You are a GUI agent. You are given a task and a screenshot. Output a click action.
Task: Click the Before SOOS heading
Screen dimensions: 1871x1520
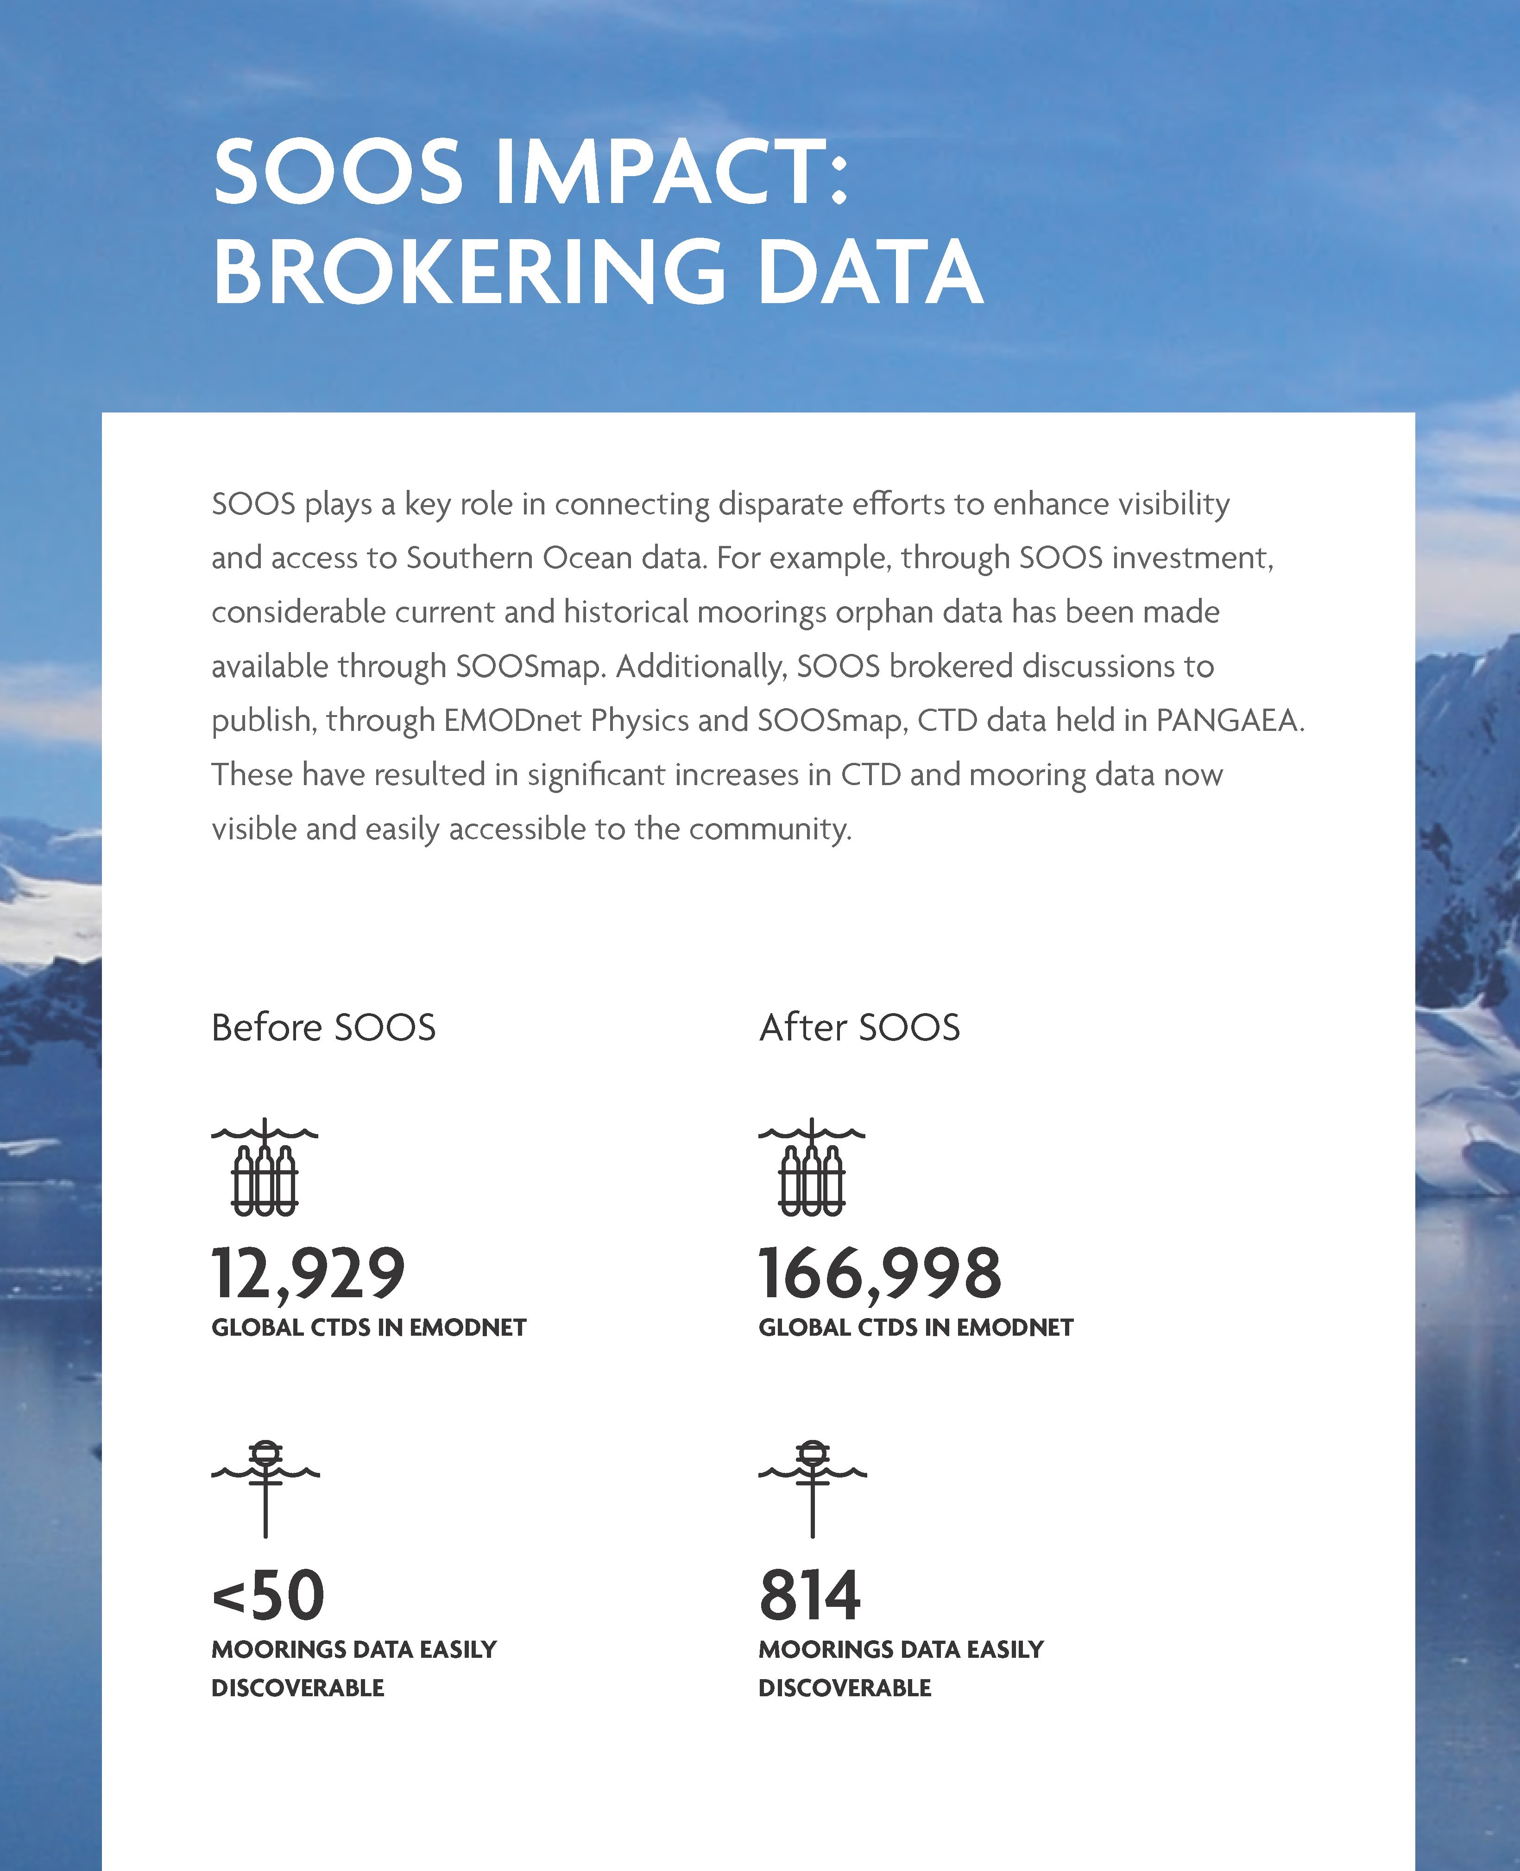coord(323,1027)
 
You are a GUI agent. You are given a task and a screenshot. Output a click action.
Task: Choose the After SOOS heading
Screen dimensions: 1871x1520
coord(859,1027)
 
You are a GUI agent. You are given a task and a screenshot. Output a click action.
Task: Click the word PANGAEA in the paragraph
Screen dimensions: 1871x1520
coord(1229,720)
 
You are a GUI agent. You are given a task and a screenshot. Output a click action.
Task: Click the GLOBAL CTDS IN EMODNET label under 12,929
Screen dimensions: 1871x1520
coord(369,1328)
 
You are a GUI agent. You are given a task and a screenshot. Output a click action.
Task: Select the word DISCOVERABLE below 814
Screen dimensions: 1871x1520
coord(845,1688)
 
